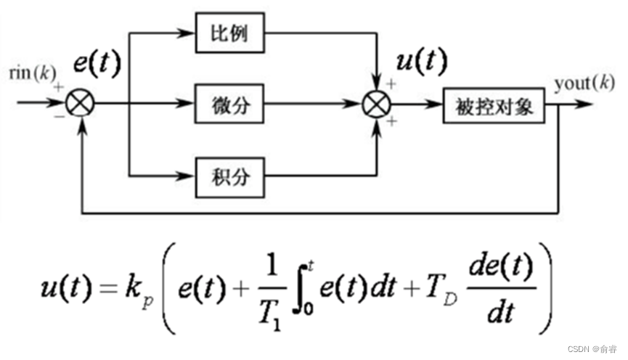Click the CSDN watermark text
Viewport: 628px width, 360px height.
click(x=589, y=348)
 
